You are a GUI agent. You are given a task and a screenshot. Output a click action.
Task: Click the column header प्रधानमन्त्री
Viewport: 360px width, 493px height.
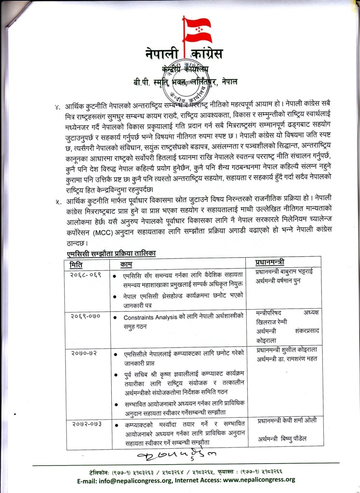(270, 262)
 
